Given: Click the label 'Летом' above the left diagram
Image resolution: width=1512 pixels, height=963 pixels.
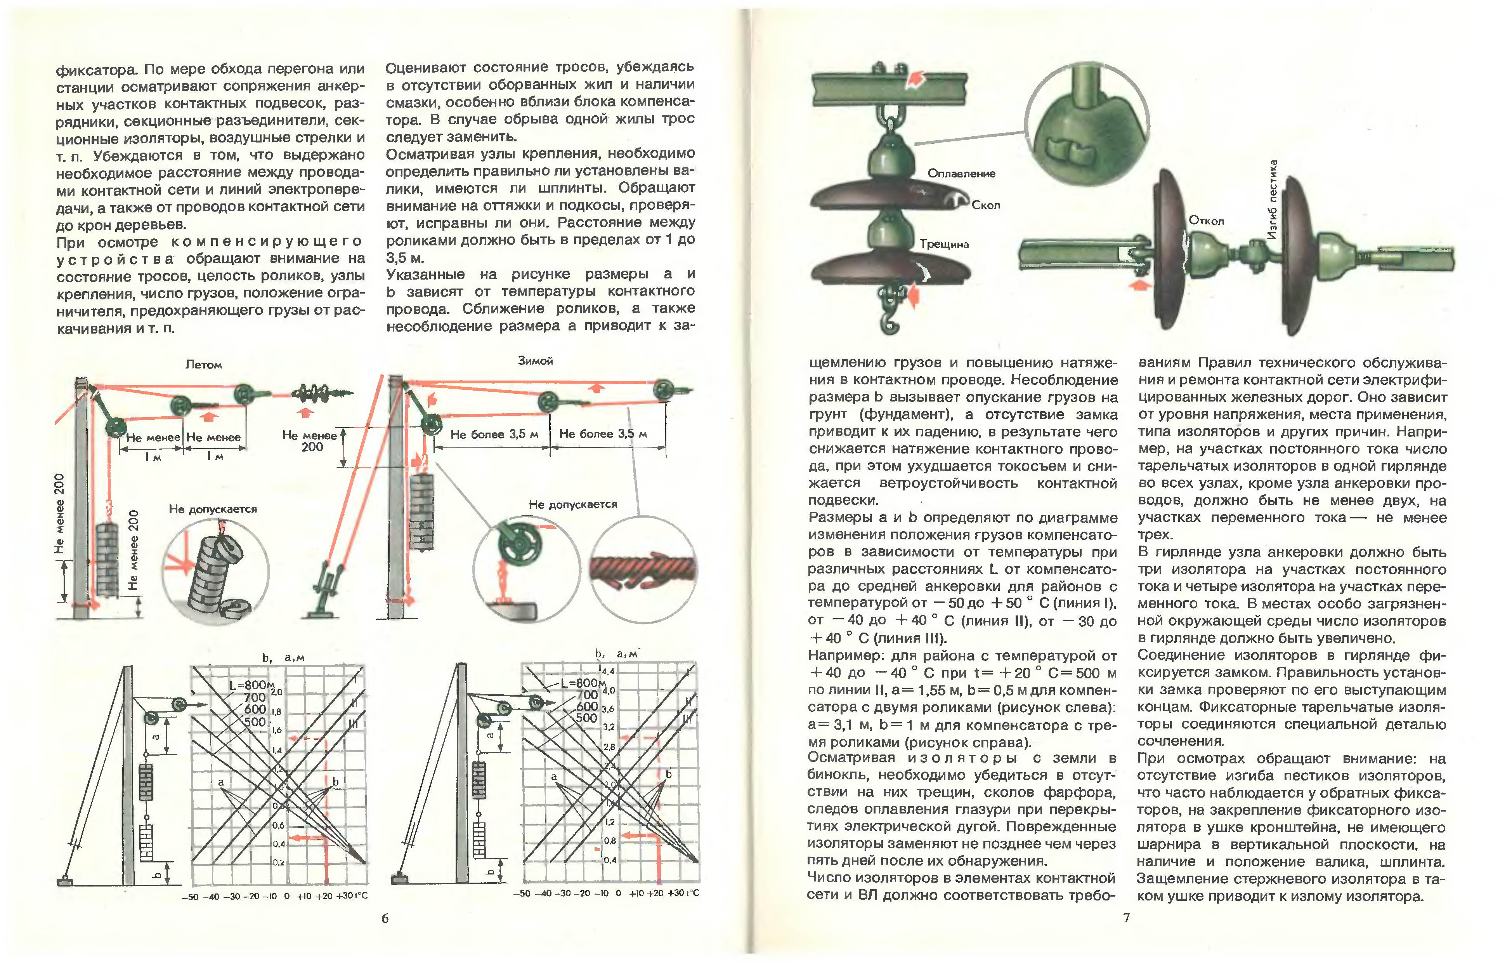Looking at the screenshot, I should click(203, 364).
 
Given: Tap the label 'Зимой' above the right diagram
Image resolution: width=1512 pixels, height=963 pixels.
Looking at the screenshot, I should click(535, 361).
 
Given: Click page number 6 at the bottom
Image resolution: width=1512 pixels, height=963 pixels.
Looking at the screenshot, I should click(385, 918).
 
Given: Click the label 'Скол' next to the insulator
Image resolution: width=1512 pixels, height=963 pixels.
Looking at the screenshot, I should click(985, 205).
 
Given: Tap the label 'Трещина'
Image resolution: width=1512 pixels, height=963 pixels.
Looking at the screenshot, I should click(944, 244).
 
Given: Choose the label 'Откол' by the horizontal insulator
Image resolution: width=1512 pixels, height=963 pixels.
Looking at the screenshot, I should click(1206, 221).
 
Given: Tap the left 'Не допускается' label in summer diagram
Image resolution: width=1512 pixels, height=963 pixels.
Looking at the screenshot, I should click(213, 509).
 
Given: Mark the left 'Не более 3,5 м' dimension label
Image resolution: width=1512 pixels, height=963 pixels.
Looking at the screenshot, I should click(494, 434).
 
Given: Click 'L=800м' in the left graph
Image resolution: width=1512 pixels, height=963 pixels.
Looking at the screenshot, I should click(251, 685).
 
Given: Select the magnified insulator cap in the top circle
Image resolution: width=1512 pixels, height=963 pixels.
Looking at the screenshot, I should click(1087, 126).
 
